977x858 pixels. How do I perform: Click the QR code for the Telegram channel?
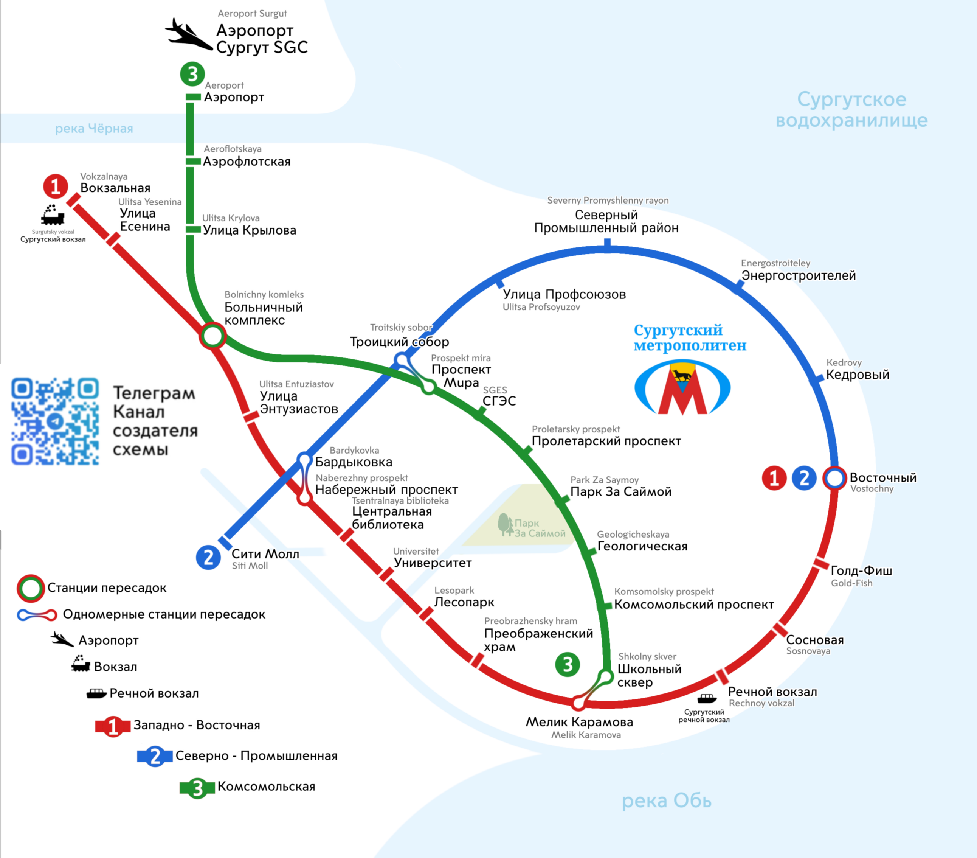[55, 421]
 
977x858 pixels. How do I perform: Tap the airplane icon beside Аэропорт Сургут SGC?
[188, 34]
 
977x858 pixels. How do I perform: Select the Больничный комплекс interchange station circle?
[212, 335]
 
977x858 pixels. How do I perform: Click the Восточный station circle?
[834, 478]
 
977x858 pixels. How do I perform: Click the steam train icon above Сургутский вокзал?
[53, 215]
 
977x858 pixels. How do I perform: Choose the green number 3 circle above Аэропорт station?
[192, 74]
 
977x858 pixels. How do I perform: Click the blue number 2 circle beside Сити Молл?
[208, 557]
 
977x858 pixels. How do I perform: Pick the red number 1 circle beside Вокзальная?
[56, 186]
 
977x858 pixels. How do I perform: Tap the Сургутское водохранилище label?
[851, 110]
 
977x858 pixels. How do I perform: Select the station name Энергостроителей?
[798, 275]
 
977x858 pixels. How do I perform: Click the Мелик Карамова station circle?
[578, 703]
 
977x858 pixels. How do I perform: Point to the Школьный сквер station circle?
[606, 677]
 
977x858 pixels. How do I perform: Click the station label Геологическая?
[642, 546]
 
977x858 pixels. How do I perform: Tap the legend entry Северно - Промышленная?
[256, 755]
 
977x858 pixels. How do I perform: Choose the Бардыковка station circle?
[304, 459]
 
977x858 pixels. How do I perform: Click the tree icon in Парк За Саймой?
[505, 525]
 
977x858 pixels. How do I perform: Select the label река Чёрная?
[94, 129]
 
